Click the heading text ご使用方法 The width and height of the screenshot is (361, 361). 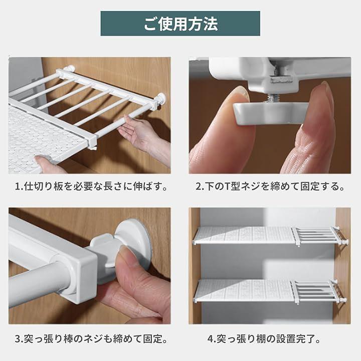[x=180, y=24]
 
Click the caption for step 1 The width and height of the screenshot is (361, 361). [x=91, y=186]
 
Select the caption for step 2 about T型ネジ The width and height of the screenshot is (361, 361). [x=270, y=186]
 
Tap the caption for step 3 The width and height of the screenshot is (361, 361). [x=91, y=338]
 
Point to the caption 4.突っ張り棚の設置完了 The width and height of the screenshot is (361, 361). [x=264, y=338]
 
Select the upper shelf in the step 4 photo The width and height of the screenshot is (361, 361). [x=270, y=235]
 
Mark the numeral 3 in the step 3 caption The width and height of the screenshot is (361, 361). [x=18, y=339]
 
